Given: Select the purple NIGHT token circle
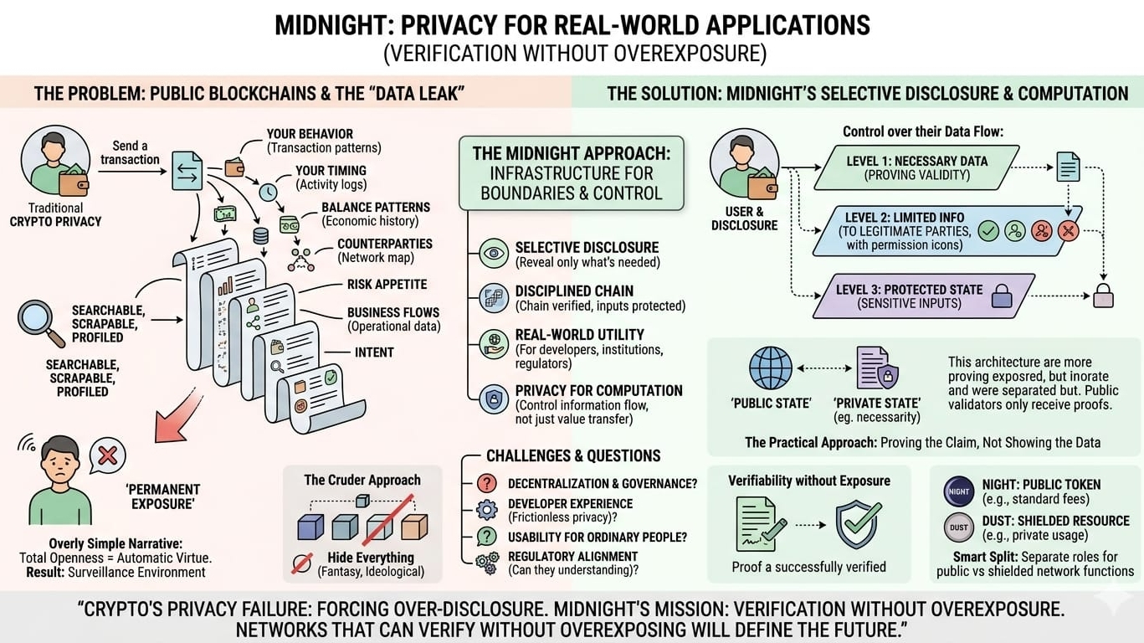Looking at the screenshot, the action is coord(959,491).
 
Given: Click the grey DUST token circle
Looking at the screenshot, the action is coord(959,527).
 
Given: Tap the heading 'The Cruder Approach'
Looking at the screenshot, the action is coord(362,480).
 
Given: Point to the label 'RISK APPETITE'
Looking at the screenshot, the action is coord(387,285).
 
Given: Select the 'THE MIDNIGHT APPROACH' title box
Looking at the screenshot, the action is coord(571,173).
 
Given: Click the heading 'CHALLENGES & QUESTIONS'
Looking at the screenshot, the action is coord(573,456).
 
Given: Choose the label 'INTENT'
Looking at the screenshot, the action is coord(373,352).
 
